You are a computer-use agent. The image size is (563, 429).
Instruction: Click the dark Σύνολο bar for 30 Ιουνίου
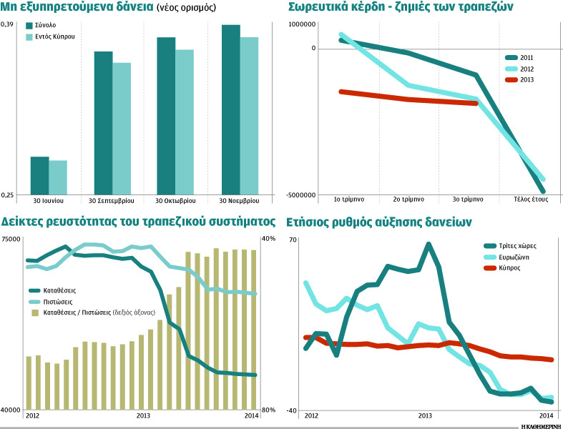pyautogui.click(x=39, y=174)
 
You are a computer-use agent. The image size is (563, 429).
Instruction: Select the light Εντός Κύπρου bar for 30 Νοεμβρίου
pyautogui.click(x=249, y=114)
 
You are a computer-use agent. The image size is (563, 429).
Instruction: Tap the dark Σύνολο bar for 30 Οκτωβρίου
pyautogui.click(x=166, y=114)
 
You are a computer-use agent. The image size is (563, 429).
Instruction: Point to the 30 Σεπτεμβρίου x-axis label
pyautogui.click(x=112, y=199)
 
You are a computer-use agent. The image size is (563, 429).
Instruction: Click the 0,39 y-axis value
pyautogui.click(x=7, y=25)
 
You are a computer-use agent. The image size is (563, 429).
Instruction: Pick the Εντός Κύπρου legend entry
pyautogui.click(x=58, y=36)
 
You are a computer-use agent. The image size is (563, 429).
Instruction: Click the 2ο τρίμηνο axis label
pyautogui.click(x=408, y=199)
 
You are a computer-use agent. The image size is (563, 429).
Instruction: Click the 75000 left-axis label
pyautogui.click(x=11, y=240)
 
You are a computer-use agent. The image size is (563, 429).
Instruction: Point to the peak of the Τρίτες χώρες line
pyautogui.click(x=429, y=245)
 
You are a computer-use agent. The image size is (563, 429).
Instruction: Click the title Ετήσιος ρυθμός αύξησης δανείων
pyautogui.click(x=378, y=222)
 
